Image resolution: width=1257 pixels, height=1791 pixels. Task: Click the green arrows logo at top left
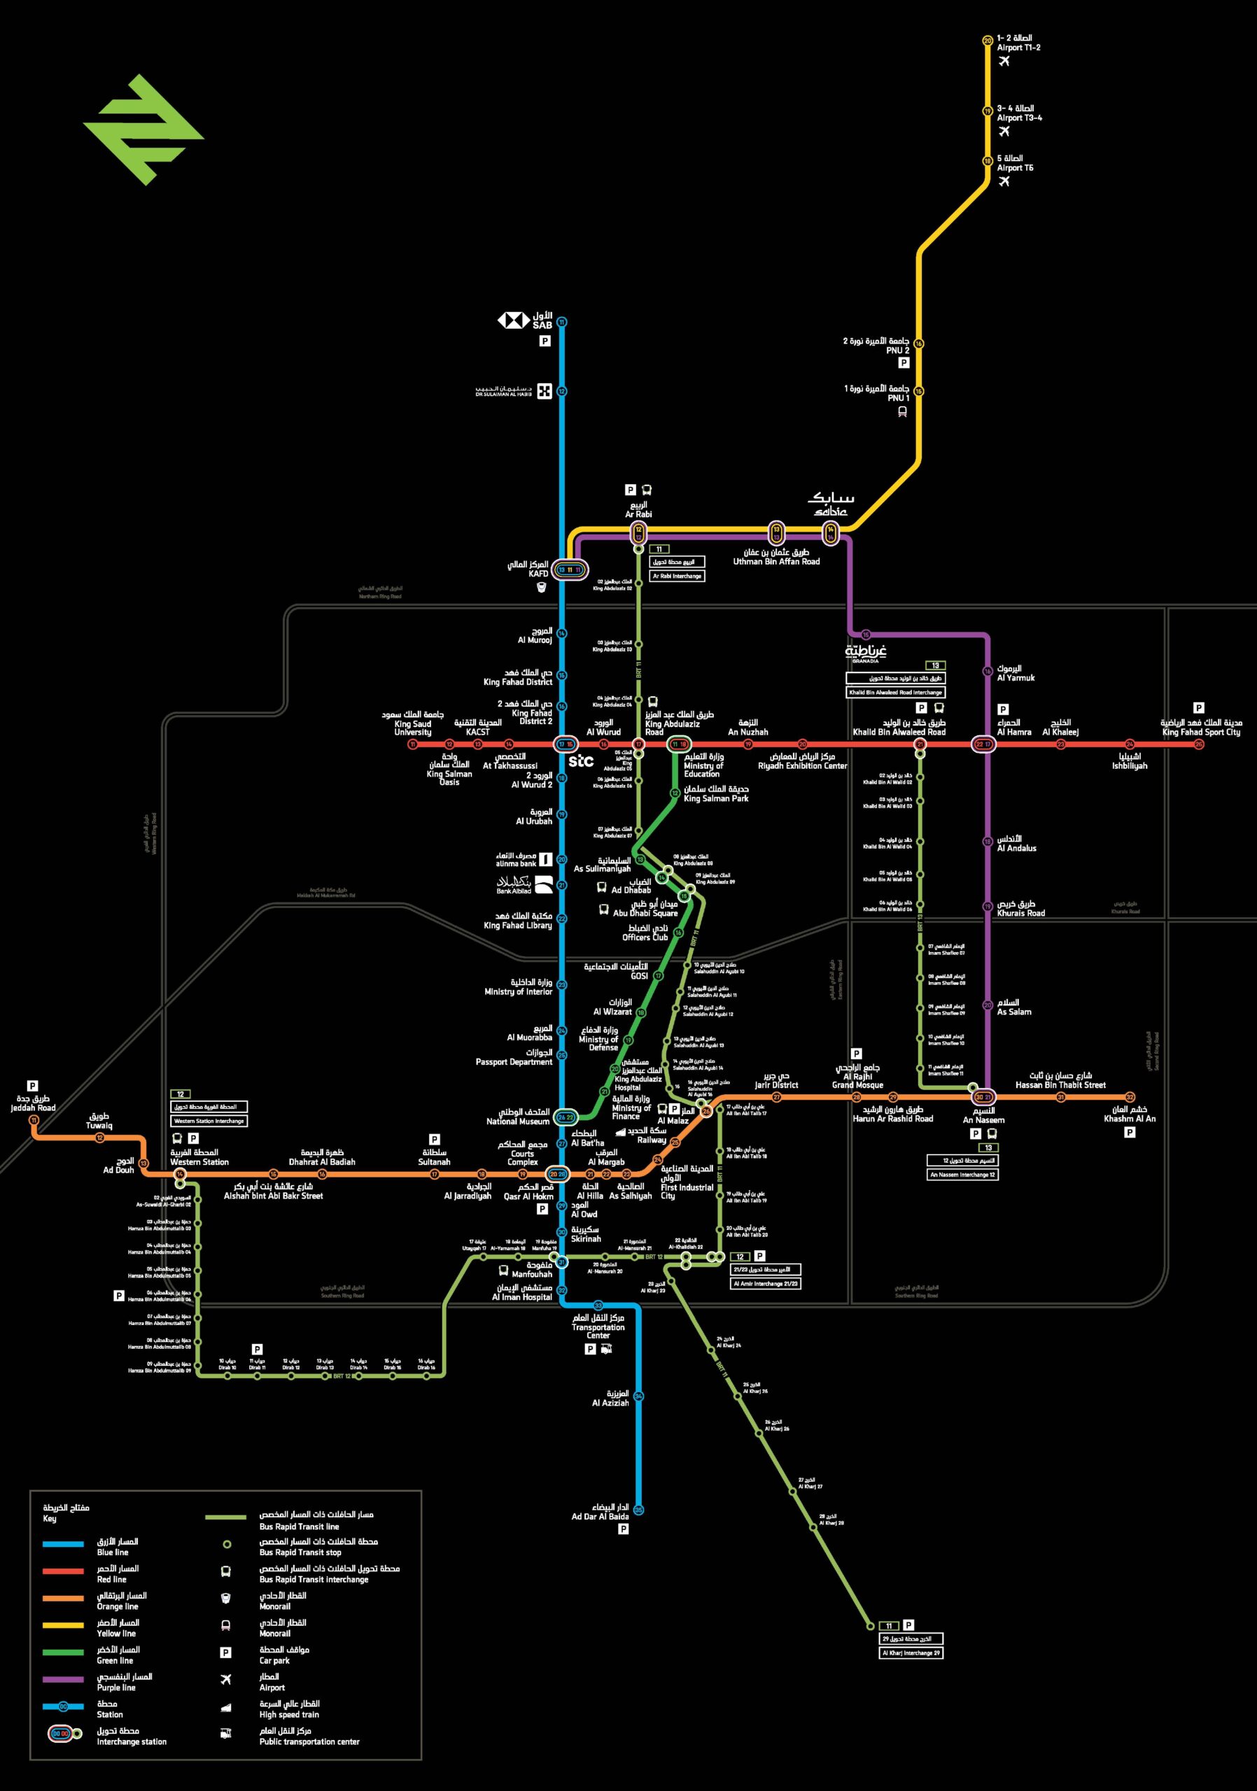pos(143,129)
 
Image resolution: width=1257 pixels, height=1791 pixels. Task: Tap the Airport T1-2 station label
pos(1018,43)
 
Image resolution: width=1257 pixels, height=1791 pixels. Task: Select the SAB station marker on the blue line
pos(562,321)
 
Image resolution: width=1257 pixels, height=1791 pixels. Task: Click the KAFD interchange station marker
pos(570,570)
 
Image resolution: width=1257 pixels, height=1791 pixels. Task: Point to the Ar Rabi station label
pos(638,509)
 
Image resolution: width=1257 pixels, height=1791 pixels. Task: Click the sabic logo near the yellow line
pos(831,504)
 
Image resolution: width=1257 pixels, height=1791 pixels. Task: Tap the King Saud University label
pos(413,723)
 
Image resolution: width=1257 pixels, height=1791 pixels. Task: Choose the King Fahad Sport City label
pos(1201,728)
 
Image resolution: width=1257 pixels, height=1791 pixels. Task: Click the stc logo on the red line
pos(580,760)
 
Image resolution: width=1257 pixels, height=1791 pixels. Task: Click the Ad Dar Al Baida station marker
pos(638,1509)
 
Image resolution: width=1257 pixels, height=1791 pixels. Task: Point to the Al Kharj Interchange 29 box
pos(911,1653)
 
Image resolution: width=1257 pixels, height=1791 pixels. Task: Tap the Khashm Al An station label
pos(1129,1114)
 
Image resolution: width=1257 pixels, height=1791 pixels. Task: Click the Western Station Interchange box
pos(209,1121)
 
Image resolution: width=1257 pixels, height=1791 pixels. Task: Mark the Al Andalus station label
pos(1017,843)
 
